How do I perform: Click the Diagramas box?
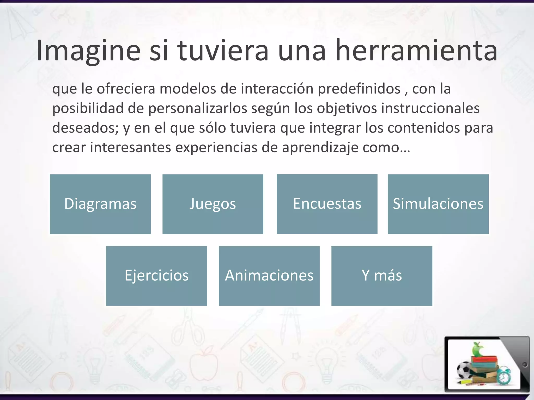point(100,204)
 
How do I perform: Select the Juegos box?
point(213,204)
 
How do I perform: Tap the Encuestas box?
point(327,204)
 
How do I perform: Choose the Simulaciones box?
point(438,204)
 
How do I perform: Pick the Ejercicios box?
point(156,276)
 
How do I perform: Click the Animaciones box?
point(269,276)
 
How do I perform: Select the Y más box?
point(382,276)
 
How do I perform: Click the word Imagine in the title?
point(88,51)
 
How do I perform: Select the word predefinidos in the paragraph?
point(359,89)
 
